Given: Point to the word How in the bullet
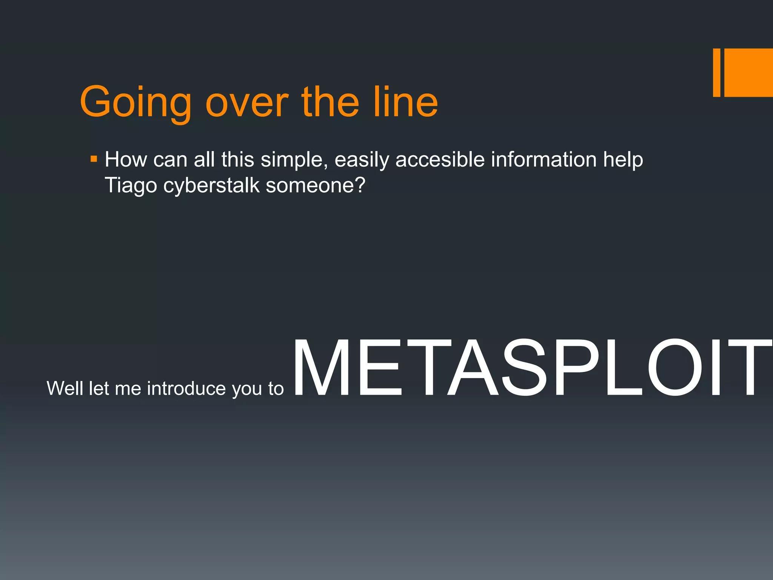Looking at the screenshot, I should tap(126, 159).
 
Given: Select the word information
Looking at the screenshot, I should tap(544, 159).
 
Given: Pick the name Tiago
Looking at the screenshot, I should tap(131, 185).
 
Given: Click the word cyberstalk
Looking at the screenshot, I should tap(211, 185).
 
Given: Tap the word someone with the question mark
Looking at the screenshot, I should tap(316, 185).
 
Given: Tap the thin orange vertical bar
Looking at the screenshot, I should tap(716, 72).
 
